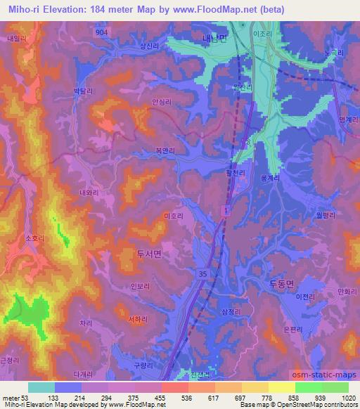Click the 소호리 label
pyautogui.click(x=34, y=239)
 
